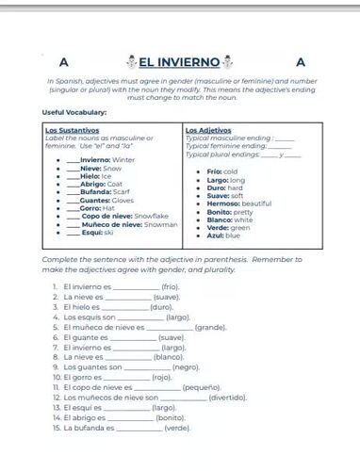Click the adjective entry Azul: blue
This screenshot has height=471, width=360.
click(x=223, y=235)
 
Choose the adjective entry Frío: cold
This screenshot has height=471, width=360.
click(x=222, y=171)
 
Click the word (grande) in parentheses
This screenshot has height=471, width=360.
click(x=210, y=327)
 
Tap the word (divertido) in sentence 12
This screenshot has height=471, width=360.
click(x=229, y=398)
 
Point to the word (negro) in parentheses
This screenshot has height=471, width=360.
click(x=186, y=367)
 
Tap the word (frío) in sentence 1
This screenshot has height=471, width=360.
click(x=170, y=286)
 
